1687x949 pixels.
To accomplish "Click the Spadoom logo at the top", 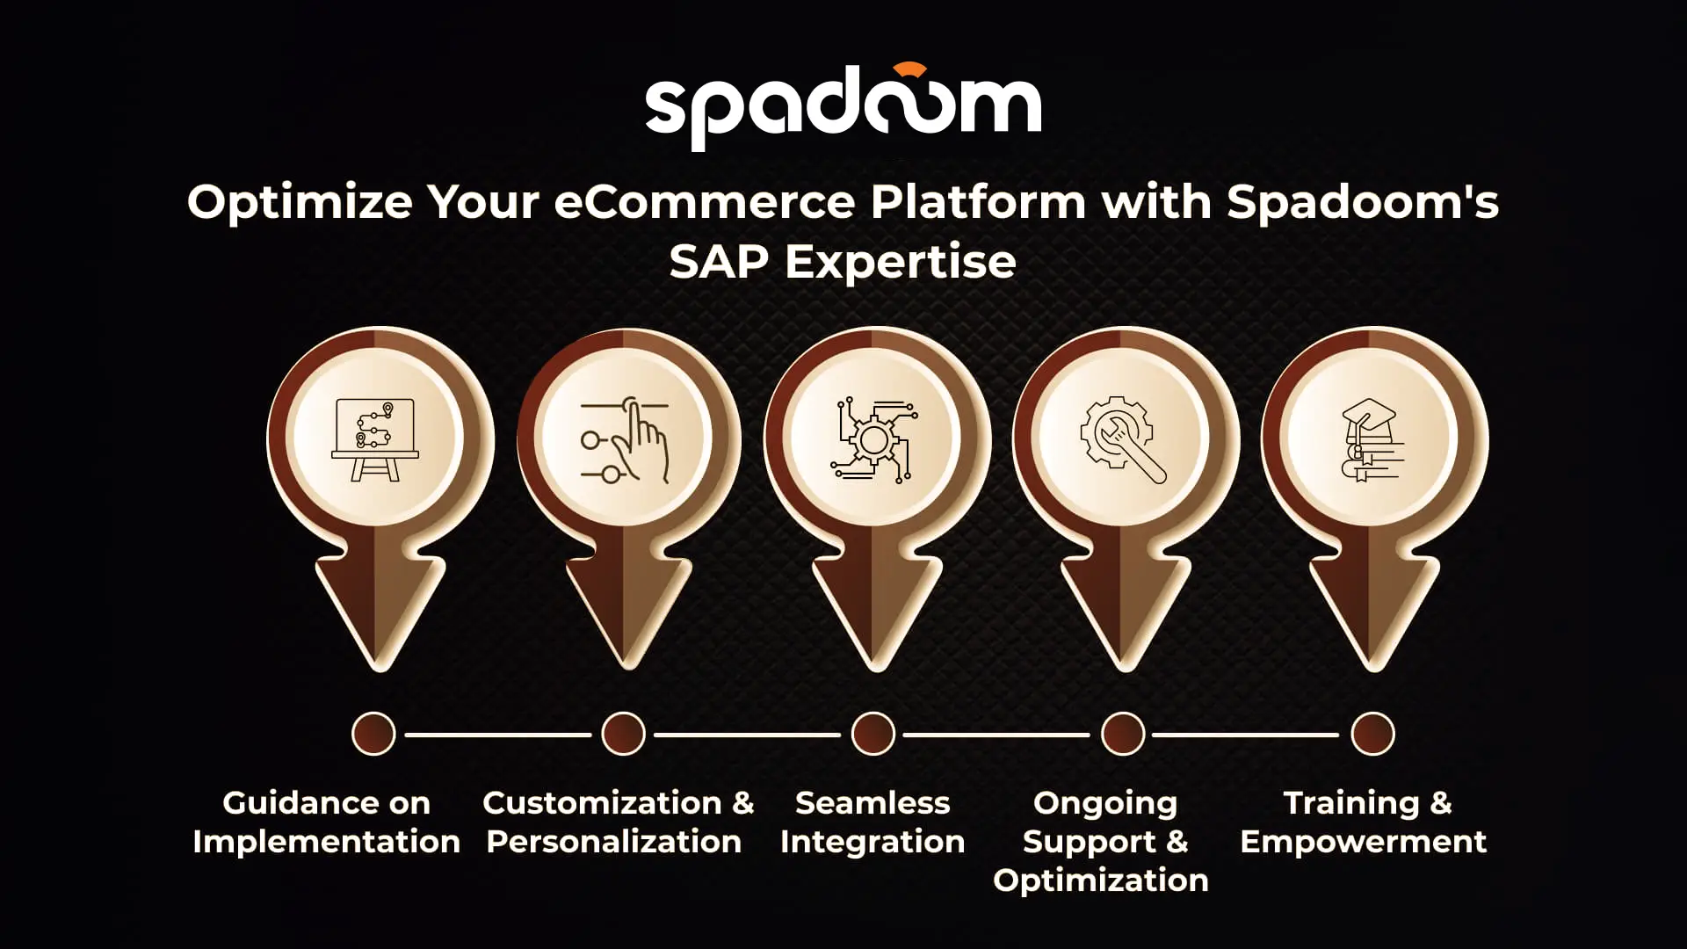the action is (843, 107).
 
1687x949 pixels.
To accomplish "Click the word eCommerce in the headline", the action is (704, 202).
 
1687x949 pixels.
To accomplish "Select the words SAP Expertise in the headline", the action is (843, 262).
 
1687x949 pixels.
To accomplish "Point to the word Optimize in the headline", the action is (300, 203).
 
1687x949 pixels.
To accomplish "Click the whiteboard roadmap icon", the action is (375, 440).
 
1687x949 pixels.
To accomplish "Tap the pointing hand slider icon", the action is (625, 440).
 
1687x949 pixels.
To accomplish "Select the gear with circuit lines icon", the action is (873, 440).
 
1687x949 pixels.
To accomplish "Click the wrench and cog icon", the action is (1123, 440).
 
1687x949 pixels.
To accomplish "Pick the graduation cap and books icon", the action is (1372, 440).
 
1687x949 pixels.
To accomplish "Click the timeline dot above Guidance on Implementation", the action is (373, 734).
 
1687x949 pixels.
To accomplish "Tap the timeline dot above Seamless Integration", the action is (873, 734).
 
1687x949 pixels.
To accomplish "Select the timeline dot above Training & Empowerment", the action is (1372, 734).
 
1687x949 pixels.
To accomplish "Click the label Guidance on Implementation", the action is (327, 822).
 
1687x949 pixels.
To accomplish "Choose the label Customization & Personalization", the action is (618, 822).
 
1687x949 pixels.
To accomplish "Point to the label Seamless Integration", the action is (872, 822).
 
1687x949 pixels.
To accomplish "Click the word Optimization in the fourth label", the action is (1101, 880).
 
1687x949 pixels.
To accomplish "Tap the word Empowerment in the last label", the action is (1364, 842).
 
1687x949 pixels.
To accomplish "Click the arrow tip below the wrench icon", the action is (1125, 670).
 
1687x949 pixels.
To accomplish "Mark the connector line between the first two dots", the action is (498, 734).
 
